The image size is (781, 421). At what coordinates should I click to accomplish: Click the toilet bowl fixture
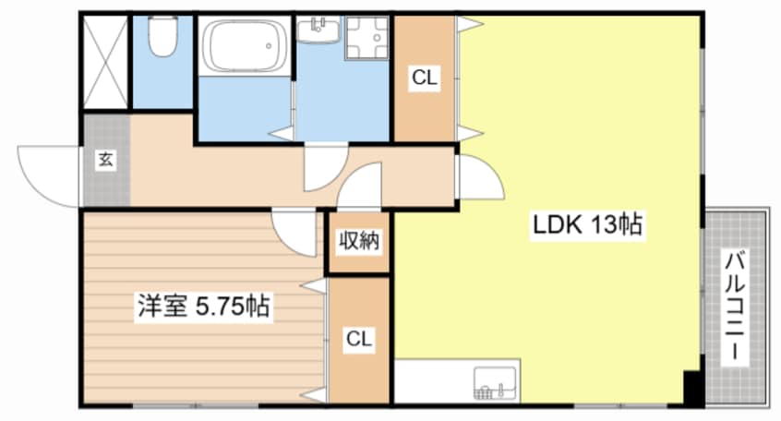[162, 36]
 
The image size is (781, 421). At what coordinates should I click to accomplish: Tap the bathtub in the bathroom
[244, 46]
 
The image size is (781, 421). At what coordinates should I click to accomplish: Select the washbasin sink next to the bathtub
[318, 30]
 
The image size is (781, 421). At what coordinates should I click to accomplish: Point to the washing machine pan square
[367, 38]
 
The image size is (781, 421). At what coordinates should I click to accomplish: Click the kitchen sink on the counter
[496, 383]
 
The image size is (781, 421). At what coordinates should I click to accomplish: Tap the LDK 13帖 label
[588, 224]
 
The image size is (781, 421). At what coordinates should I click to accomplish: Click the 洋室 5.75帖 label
[204, 306]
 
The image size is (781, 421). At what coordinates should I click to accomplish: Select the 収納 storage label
[359, 241]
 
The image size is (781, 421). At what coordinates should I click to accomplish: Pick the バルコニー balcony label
[735, 307]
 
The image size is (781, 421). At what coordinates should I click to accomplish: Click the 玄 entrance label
[106, 160]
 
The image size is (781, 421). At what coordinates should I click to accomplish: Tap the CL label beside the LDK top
[425, 78]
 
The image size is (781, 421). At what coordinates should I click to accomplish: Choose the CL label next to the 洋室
[359, 339]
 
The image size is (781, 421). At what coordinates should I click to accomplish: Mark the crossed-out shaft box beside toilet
[105, 62]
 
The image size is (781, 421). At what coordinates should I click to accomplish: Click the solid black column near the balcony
[691, 387]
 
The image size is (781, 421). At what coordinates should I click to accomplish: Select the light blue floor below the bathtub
[245, 109]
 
